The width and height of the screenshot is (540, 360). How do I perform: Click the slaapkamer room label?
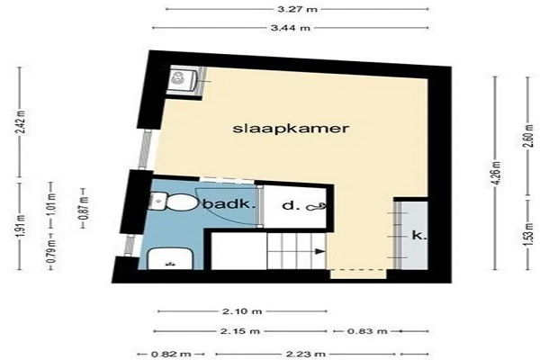click(x=291, y=129)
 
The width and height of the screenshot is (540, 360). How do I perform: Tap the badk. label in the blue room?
click(x=229, y=204)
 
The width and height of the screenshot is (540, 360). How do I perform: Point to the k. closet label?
click(x=419, y=235)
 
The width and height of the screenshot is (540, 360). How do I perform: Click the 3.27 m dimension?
click(x=297, y=9)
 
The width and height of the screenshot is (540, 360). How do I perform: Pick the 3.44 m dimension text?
click(x=291, y=28)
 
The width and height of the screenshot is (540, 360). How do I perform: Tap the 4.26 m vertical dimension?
click(x=497, y=173)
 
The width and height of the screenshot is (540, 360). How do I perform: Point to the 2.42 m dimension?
click(x=21, y=123)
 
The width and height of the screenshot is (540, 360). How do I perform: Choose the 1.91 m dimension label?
click(x=21, y=225)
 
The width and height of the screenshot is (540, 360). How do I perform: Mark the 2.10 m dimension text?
click(x=242, y=311)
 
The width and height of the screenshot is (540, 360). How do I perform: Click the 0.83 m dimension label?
click(x=367, y=331)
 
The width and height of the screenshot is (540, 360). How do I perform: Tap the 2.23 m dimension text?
click(x=305, y=354)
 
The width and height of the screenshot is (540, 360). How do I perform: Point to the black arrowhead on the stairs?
click(x=320, y=251)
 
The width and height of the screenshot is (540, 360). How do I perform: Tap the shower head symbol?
click(x=316, y=207)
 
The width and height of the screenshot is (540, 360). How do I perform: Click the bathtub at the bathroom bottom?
click(x=169, y=258)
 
